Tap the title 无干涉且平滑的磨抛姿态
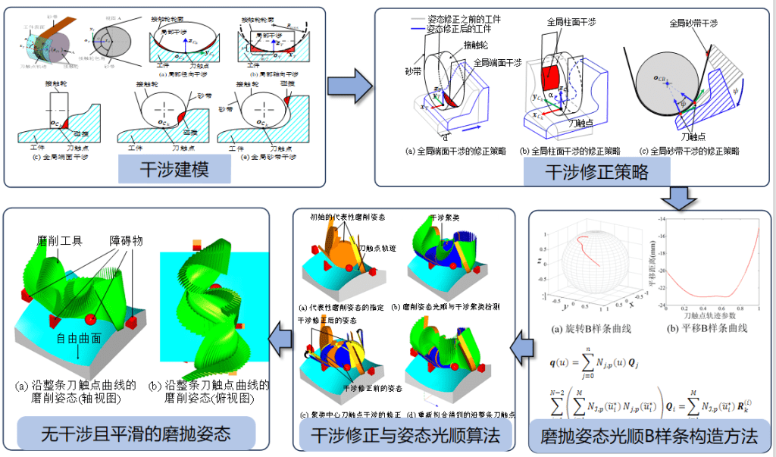point(137,434)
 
